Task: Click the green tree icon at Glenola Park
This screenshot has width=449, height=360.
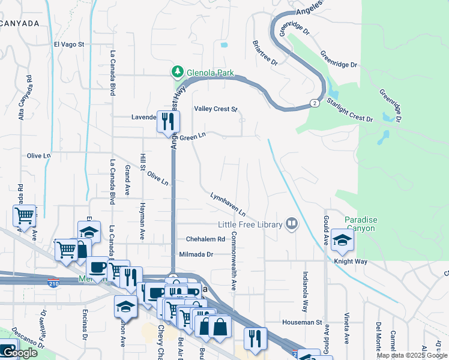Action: [177, 72]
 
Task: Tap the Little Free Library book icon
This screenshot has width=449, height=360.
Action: [292, 224]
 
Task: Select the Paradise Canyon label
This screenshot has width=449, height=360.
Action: [360, 224]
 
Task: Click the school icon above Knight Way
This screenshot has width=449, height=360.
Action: [342, 241]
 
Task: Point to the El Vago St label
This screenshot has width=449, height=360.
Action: [69, 44]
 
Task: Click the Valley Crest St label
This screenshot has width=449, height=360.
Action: [215, 109]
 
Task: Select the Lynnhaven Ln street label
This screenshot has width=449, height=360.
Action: [228, 205]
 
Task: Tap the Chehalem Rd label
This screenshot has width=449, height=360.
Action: [205, 239]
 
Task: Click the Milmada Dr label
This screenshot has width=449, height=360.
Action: [196, 254]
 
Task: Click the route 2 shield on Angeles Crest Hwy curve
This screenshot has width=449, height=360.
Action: [315, 103]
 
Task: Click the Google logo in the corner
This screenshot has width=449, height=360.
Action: [19, 353]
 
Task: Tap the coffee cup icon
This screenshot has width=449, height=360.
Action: [97, 267]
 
